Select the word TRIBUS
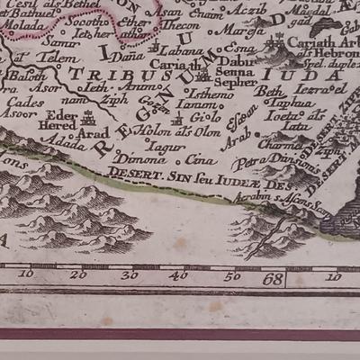coord(99,73)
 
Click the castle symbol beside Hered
coord(88,117)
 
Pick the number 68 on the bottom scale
coord(274,280)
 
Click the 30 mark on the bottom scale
coord(130,274)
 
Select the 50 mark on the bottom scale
coord(232,275)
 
